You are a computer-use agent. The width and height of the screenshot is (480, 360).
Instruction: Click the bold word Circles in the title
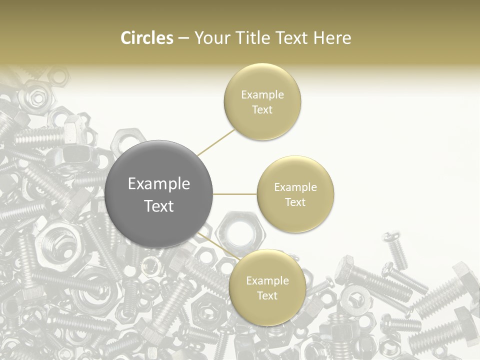147,38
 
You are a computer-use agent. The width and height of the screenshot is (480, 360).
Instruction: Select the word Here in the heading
332,38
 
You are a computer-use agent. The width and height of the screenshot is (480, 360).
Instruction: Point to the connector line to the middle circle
234,194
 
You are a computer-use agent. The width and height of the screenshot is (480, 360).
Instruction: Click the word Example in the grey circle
159,184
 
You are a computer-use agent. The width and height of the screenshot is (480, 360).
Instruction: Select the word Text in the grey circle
159,206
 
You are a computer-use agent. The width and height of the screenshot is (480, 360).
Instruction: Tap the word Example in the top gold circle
262,95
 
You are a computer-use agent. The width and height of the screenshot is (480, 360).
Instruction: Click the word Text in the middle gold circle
295,202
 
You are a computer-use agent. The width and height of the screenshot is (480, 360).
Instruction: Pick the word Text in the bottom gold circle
267,295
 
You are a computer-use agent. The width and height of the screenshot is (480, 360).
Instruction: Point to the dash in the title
183,38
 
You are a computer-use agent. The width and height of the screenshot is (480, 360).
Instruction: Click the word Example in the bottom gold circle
267,281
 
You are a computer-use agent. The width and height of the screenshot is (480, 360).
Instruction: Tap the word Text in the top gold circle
262,109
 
